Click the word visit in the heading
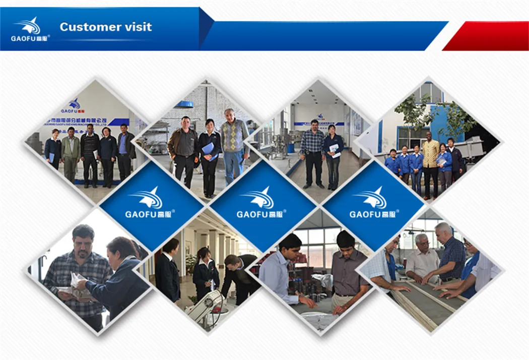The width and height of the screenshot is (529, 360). (135, 27)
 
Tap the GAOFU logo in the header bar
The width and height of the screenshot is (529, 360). (30, 29)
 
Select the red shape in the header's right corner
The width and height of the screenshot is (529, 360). (486, 36)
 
